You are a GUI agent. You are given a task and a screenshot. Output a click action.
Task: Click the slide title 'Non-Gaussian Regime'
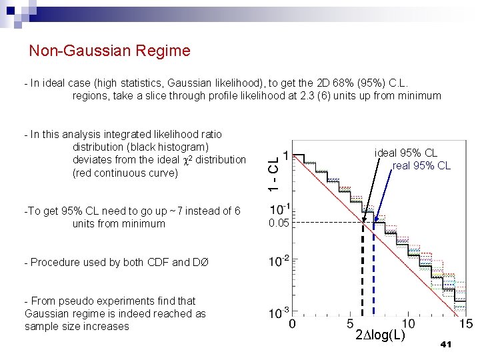point(110,51)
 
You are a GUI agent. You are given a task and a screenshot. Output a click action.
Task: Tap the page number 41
point(447,344)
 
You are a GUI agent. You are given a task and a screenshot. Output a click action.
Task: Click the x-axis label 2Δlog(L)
point(380,335)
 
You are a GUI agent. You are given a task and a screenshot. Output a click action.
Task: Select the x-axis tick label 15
point(466,324)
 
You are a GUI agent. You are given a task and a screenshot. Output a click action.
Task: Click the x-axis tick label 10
point(408,324)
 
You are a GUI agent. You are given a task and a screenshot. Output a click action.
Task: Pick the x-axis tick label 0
point(293,324)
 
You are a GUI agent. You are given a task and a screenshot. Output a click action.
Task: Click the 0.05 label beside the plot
point(279,223)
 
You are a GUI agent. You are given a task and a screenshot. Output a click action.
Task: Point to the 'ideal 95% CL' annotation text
point(406,153)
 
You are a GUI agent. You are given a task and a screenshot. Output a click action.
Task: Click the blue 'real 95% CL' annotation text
point(421,165)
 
